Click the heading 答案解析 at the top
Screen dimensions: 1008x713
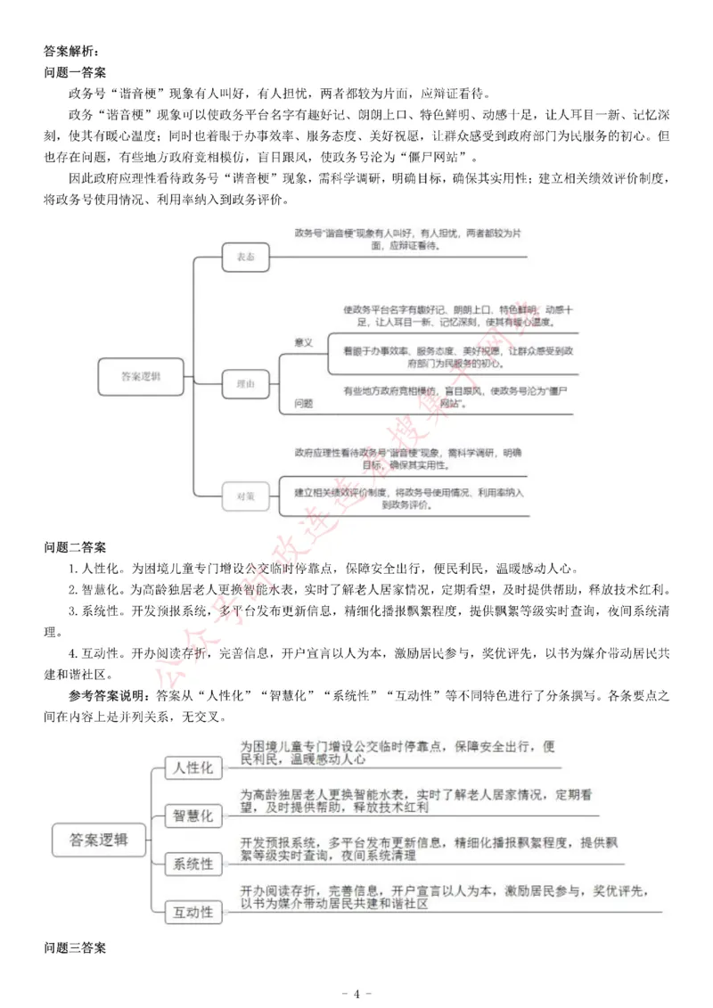pyautogui.click(x=73, y=52)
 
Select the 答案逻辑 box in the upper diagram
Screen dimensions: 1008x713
pyautogui.click(x=140, y=377)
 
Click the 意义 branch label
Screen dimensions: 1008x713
pyautogui.click(x=304, y=342)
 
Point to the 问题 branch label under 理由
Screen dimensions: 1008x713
pyautogui.click(x=304, y=403)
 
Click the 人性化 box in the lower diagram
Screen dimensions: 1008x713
pyautogui.click(x=193, y=767)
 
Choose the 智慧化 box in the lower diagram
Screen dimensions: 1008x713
pyautogui.click(x=193, y=815)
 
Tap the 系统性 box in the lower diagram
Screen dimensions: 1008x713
pyautogui.click(x=193, y=864)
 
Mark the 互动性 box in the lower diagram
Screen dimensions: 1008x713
pyautogui.click(x=193, y=911)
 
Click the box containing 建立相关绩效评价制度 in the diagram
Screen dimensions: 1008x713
pyautogui.click(x=409, y=499)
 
